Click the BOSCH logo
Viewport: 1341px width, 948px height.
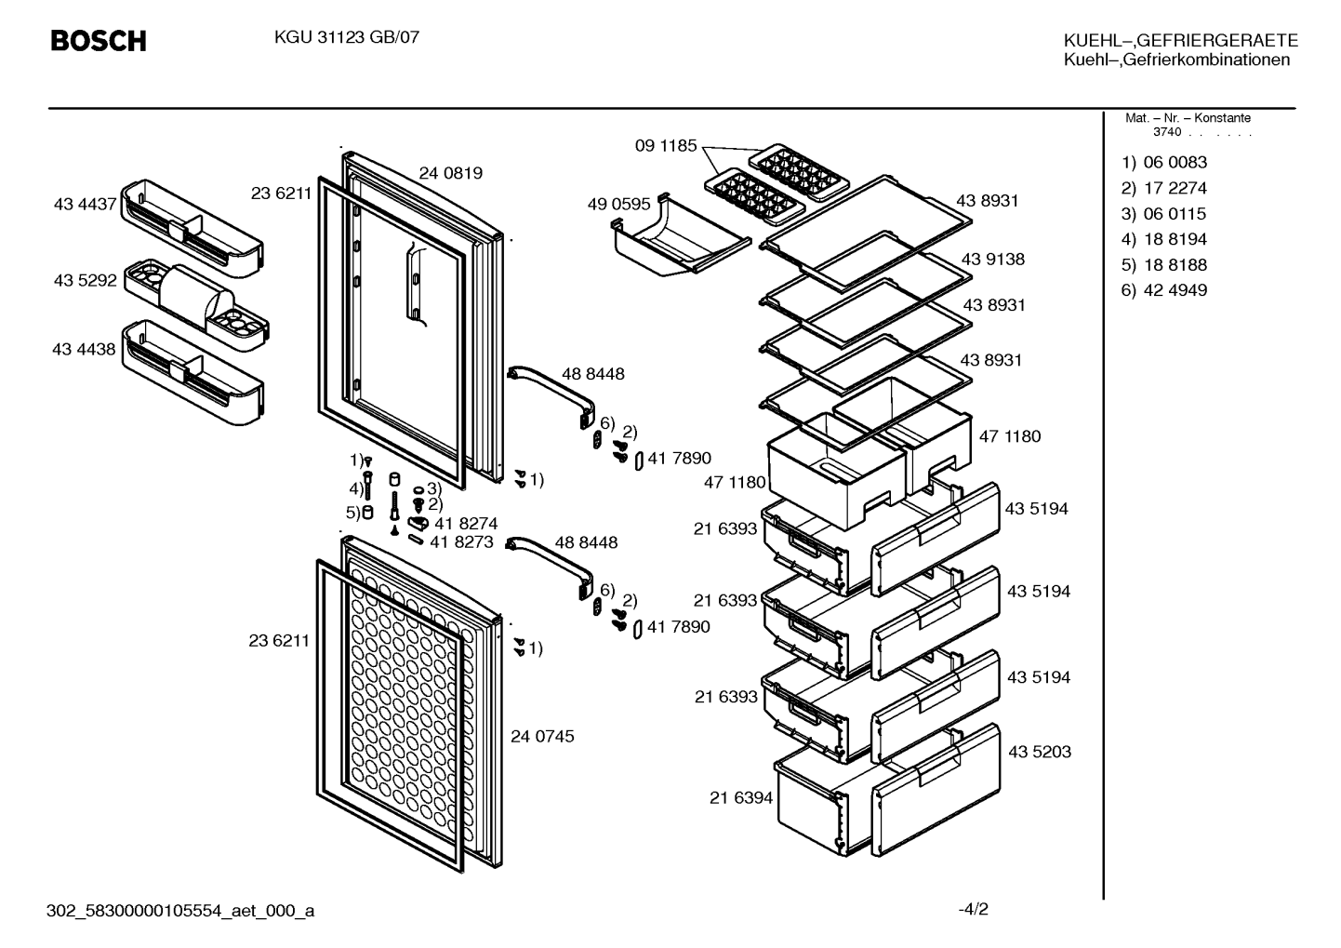tap(99, 41)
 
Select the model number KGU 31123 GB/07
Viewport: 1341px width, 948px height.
tap(347, 37)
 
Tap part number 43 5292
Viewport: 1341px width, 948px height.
tap(85, 280)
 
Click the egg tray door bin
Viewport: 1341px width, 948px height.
tap(196, 305)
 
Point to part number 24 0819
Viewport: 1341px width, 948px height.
tap(450, 173)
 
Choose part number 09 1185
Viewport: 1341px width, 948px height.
tap(666, 145)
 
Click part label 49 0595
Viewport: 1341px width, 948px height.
tap(618, 205)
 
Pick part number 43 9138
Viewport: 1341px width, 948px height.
tap(992, 259)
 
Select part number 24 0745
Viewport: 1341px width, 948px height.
tap(542, 736)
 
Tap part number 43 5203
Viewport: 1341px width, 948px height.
tap(1040, 752)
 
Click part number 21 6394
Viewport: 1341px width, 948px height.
tap(741, 797)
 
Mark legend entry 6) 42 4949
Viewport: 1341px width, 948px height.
tap(1163, 290)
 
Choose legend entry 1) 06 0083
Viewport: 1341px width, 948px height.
tap(1163, 162)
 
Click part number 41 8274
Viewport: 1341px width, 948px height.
tap(466, 524)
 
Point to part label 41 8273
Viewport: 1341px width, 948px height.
tap(461, 542)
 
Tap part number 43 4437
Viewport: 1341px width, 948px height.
tap(85, 205)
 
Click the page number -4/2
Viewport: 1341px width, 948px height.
tap(974, 909)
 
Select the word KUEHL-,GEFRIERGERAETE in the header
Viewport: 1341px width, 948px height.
tap(1180, 40)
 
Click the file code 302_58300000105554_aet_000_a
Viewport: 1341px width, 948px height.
tap(180, 911)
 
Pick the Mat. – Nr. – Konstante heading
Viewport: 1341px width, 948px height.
tap(1188, 118)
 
